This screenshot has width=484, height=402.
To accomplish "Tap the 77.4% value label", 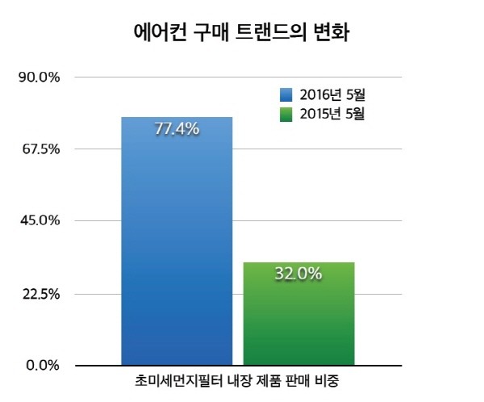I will click(x=177, y=129).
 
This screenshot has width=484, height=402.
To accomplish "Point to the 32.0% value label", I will click(x=298, y=274).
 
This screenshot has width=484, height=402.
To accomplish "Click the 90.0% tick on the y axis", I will click(x=40, y=77).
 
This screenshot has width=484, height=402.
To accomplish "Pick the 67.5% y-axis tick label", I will click(x=40, y=149).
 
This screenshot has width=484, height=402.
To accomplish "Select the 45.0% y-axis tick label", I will click(x=40, y=220).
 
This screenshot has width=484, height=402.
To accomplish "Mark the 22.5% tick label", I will click(x=40, y=293).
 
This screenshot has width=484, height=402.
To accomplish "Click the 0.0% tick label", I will click(x=43, y=365).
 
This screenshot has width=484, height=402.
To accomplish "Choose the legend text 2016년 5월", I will click(x=333, y=94).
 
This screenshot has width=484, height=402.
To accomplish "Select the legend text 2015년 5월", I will click(x=333, y=114).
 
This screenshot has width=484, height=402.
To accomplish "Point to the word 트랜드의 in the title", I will click(x=273, y=34).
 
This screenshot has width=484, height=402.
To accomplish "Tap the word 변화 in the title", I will click(x=332, y=34).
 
